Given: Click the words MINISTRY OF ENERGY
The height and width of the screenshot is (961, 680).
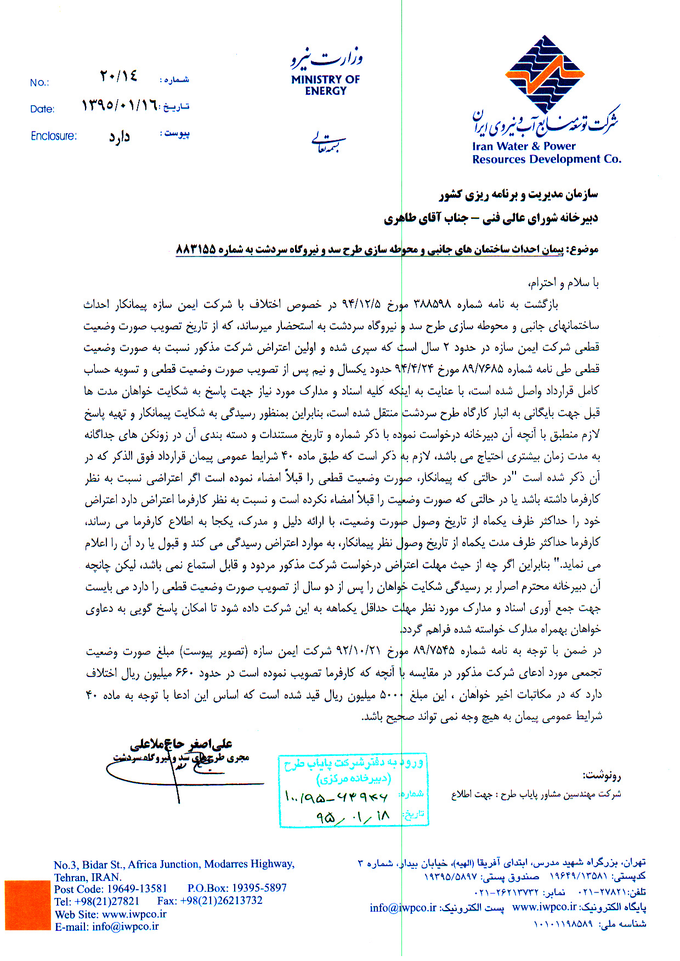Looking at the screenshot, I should click(x=325, y=85).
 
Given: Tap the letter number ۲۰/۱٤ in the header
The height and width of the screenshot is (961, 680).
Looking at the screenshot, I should click(x=118, y=76).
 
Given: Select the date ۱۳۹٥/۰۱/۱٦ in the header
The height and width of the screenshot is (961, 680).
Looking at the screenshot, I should click(x=120, y=105).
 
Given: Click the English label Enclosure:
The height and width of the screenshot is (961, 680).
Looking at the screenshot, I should click(x=54, y=136).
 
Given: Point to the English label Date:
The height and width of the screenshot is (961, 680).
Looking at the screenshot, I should click(x=42, y=109).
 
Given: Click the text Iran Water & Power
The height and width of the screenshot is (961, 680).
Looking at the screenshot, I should click(x=524, y=146).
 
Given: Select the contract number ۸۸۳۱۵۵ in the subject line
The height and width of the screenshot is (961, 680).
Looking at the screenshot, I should click(x=196, y=249).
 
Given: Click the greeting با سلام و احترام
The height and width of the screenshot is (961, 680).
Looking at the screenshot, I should click(x=563, y=283).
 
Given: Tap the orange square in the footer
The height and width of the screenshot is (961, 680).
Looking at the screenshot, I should click(x=27, y=905).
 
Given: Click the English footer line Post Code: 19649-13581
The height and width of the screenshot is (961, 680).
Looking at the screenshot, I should click(x=110, y=888).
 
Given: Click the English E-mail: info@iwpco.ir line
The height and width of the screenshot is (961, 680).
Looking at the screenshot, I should click(x=107, y=926).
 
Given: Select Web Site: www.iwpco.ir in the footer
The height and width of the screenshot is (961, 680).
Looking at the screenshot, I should click(x=110, y=914).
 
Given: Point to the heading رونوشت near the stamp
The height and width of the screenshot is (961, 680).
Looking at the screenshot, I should click(x=602, y=775).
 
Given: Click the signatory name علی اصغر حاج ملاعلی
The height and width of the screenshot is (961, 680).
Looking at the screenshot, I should click(x=181, y=744).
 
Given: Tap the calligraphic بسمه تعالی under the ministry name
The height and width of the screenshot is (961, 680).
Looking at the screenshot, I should click(x=328, y=141).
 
